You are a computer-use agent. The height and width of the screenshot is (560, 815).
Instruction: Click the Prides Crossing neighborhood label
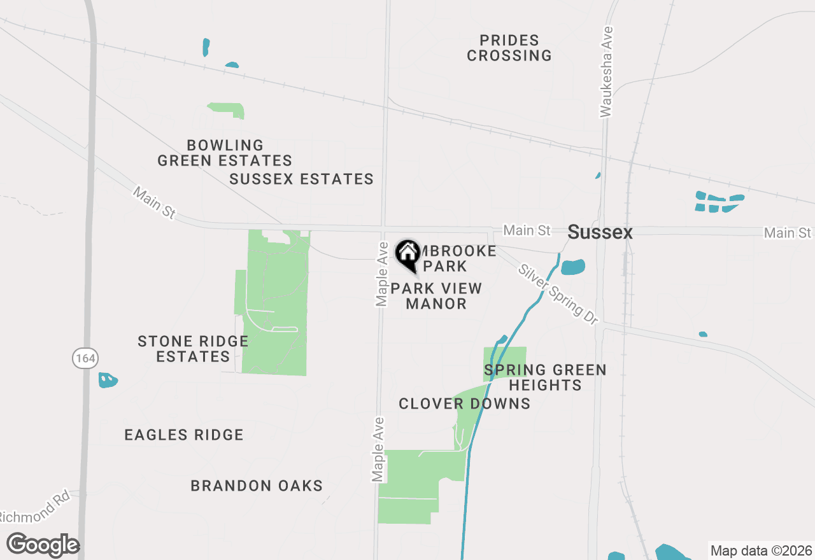click(x=509, y=48)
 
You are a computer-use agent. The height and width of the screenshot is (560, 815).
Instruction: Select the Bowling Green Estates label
click(x=225, y=153)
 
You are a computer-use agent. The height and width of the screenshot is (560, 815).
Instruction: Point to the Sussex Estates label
click(x=301, y=179)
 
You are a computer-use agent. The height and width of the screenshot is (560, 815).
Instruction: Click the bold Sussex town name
click(x=600, y=232)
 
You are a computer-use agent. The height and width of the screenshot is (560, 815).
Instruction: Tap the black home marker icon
click(x=407, y=253)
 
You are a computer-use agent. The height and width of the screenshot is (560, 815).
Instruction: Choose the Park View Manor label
click(x=436, y=297)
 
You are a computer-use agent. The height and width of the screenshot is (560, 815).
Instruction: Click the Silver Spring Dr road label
click(x=558, y=293)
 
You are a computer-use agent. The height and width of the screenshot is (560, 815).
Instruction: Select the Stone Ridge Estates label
click(x=193, y=349)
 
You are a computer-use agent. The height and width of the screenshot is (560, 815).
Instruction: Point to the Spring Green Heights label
click(x=545, y=377)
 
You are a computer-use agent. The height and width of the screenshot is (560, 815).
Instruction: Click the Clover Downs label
click(x=464, y=403)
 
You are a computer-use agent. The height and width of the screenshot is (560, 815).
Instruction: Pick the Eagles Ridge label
click(x=184, y=435)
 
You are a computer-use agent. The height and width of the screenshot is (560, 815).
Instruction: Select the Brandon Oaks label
click(x=257, y=486)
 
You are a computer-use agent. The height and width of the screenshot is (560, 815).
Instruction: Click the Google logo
click(x=43, y=545)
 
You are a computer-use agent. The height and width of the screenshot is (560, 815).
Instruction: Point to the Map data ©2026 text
click(x=761, y=550)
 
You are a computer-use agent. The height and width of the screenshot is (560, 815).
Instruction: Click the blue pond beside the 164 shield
click(x=108, y=380)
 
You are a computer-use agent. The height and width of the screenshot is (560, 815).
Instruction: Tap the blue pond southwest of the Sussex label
click(x=573, y=267)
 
